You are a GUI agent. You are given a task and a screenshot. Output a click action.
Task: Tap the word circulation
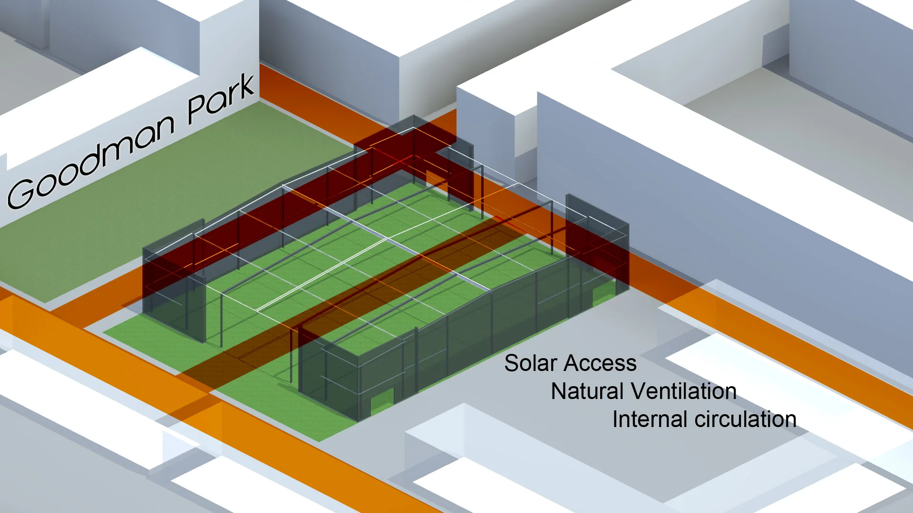pos(746,419)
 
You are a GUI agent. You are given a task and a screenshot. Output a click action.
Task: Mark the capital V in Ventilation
pos(638,391)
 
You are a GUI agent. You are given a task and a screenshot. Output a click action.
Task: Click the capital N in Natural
pos(559,391)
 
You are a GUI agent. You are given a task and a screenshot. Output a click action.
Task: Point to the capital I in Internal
pos(615,419)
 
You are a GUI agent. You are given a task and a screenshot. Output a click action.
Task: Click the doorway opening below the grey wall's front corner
pos(382,401)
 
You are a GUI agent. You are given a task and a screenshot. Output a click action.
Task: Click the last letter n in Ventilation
pos(730,392)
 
